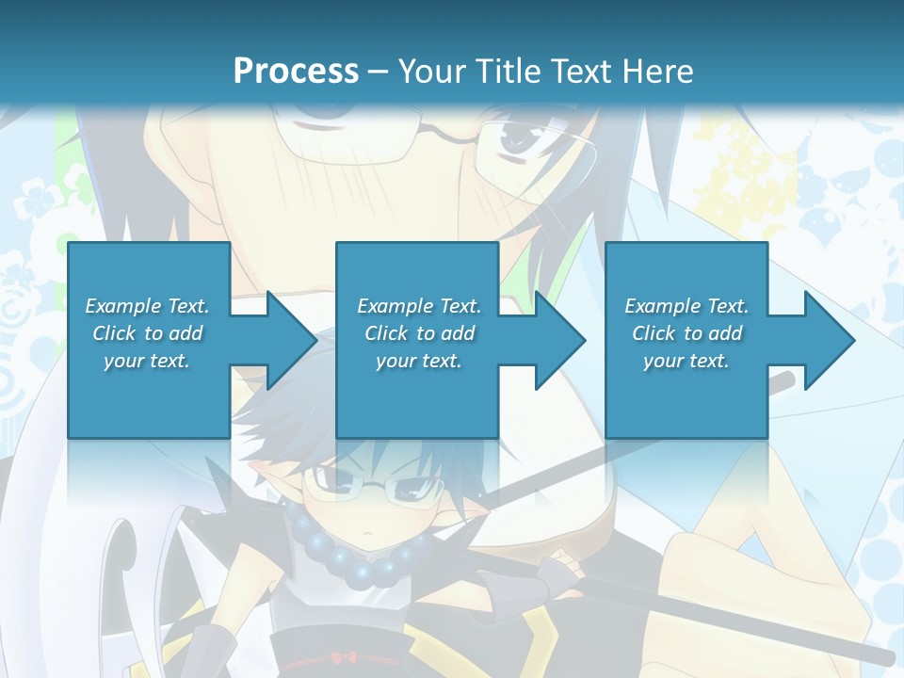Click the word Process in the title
296,71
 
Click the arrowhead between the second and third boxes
556,340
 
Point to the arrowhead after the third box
825,340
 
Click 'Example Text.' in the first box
147,306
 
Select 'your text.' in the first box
147,361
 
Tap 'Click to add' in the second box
419,333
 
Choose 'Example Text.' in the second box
419,306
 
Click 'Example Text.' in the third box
686,306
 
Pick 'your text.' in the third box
686,361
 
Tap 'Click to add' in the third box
686,333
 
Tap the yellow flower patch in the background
734,179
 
